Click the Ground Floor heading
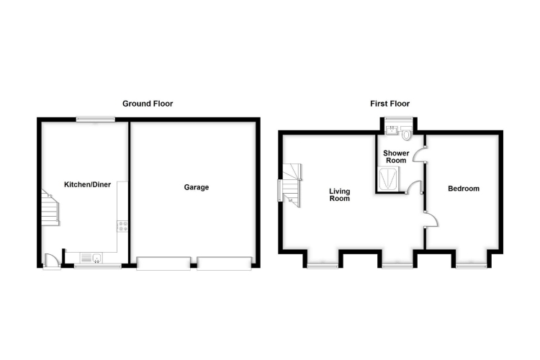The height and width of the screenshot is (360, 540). click(x=148, y=104)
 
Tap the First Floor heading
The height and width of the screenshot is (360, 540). click(x=390, y=104)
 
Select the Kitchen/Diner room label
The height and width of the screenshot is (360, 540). click(x=88, y=185)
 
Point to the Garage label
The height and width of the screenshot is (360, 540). click(x=196, y=187)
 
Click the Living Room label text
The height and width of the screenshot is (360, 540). click(x=339, y=194)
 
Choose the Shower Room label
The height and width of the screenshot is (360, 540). click(x=396, y=157)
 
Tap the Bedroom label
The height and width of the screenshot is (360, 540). click(x=464, y=189)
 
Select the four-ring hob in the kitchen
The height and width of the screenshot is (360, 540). click(x=122, y=226)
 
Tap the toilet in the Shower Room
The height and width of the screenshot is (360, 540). click(x=408, y=133)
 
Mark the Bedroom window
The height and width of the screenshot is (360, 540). click(x=472, y=266)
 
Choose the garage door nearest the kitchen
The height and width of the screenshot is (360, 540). click(x=163, y=264)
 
